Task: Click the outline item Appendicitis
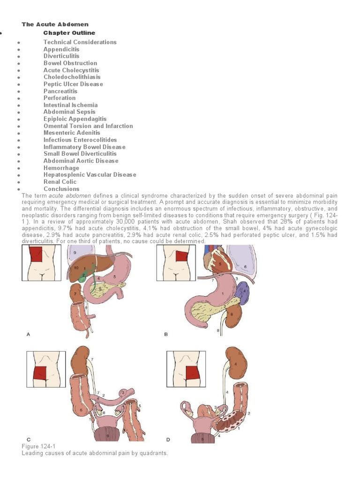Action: click(x=61, y=49)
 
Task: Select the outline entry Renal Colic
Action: click(x=60, y=182)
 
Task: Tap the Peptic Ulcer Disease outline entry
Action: click(x=73, y=84)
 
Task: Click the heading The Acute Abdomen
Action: click(x=55, y=24)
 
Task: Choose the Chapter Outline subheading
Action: click(x=69, y=33)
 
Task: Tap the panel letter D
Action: click(x=168, y=439)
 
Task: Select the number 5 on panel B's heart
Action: click(x=220, y=264)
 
